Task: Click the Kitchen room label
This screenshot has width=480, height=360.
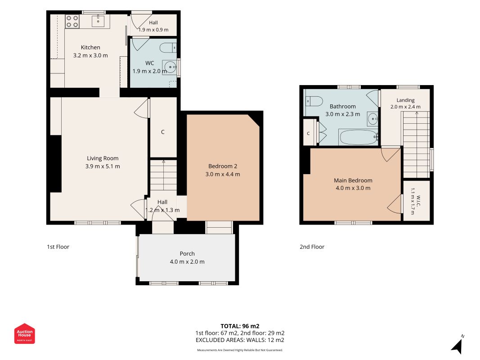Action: coord(90,47)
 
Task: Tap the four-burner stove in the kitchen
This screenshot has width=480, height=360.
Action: coord(72,22)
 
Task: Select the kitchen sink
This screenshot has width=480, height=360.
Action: coord(98,21)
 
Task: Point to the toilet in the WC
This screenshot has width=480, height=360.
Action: coord(168,48)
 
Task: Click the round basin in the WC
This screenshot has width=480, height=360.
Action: coord(170,67)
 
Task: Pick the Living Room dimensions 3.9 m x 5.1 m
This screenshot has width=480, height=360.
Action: coord(103,166)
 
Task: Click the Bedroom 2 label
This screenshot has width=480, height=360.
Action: coord(223,166)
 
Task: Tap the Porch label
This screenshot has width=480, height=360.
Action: coord(187,254)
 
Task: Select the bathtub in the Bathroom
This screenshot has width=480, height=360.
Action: coord(358,137)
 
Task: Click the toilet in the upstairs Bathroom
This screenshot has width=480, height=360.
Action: coord(314,101)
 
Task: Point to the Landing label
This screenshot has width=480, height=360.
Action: coord(405,100)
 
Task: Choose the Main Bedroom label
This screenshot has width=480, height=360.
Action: coord(353,180)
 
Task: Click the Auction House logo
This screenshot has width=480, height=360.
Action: coord(24,333)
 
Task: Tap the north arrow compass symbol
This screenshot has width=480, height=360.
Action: coord(458,345)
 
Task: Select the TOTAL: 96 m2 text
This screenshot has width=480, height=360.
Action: coord(240,326)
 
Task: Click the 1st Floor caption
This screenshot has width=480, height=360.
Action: coord(58,247)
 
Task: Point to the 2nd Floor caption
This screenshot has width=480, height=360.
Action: coord(312,247)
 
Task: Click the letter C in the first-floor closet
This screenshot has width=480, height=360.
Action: coord(162,132)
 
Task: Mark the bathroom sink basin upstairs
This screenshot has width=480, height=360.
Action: coord(373,119)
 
